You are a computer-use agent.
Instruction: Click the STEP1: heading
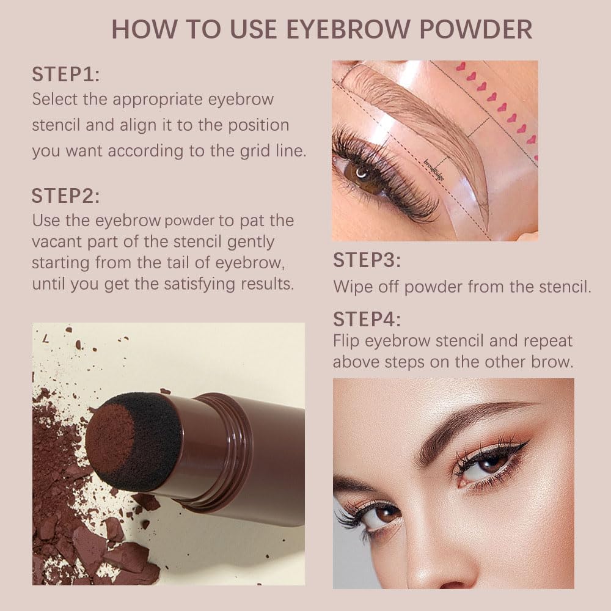point(65,76)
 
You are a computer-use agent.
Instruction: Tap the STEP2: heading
point(65,196)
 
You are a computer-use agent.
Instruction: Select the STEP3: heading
point(367,260)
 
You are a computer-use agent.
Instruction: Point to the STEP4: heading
point(367,319)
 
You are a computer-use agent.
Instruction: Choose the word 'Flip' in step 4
point(347,340)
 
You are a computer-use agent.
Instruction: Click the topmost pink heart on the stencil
point(461,66)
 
